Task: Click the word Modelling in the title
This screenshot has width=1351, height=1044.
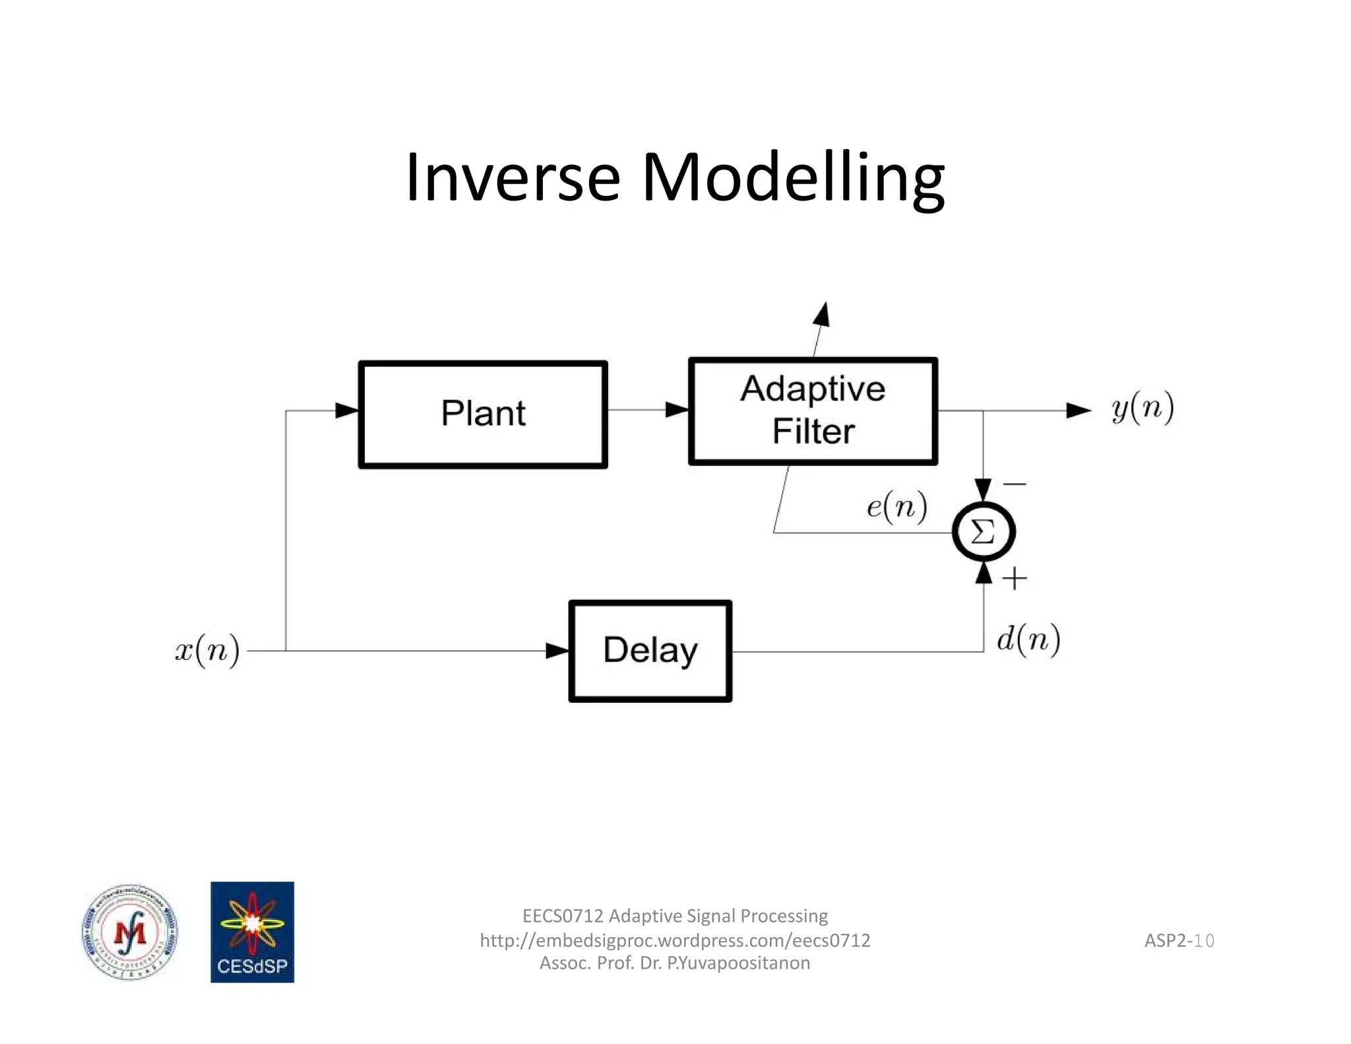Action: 793,178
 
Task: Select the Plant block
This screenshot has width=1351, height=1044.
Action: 482,414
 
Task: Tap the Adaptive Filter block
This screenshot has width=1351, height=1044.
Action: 812,411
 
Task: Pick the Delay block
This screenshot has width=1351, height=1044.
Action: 650,651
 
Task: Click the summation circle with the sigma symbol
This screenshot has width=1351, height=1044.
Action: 983,531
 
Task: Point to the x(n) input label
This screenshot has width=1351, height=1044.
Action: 207,651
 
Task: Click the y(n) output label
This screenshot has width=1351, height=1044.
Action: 1143,408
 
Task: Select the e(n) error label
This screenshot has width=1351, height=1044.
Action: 896,507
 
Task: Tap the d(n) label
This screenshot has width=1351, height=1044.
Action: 1028,639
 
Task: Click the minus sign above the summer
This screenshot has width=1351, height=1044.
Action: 1015,484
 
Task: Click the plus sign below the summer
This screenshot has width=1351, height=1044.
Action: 1015,579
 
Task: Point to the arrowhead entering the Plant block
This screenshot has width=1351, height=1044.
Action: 347,410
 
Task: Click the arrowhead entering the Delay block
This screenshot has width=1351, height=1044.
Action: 557,651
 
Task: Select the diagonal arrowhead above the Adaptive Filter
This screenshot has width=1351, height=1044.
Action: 821,315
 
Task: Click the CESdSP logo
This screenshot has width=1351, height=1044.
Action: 252,932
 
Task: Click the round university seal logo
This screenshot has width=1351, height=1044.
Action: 130,932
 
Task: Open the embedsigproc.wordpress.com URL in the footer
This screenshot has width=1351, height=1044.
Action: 675,940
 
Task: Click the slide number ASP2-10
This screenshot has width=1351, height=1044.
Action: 1179,940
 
